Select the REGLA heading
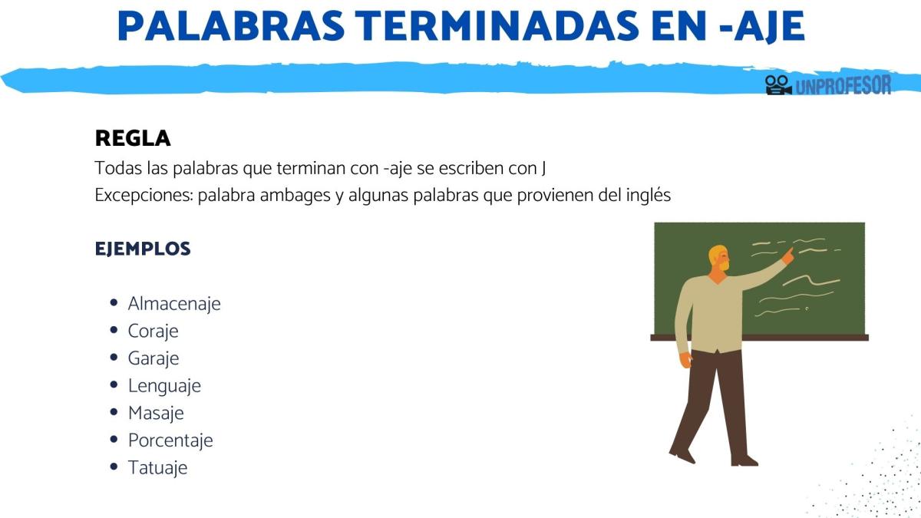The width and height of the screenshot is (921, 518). (133, 139)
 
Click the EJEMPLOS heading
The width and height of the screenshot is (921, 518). (143, 249)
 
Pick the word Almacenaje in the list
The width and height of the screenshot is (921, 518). (174, 304)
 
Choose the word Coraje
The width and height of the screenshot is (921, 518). (153, 332)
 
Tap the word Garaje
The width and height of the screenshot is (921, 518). (153, 358)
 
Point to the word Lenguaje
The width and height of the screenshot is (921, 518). (164, 386)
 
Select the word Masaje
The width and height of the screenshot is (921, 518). (156, 413)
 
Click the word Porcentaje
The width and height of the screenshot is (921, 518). (170, 440)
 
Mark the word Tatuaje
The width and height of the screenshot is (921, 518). (157, 468)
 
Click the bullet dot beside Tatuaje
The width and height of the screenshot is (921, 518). (114, 467)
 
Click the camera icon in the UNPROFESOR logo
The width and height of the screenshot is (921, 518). (778, 84)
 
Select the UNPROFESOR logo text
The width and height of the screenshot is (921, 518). (843, 84)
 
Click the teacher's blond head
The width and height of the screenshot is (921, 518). (718, 259)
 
